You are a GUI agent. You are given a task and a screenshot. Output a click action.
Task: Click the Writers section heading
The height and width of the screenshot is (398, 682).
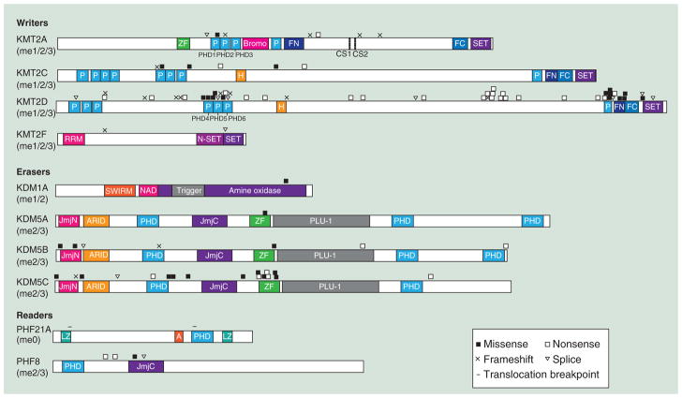point(33,21)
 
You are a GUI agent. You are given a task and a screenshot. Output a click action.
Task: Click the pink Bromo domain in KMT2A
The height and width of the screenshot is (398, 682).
point(255,43)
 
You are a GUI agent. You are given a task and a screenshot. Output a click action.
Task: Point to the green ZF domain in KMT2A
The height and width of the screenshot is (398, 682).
point(184,43)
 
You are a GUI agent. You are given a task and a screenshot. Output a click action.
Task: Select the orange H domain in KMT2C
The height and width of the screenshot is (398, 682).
point(242,75)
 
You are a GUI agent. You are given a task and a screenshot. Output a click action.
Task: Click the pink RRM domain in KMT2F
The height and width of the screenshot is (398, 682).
point(74,139)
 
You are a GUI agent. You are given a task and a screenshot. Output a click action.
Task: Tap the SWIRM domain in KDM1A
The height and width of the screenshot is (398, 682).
point(120,190)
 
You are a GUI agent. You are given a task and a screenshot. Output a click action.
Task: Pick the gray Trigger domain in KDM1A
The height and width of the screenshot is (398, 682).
point(188,190)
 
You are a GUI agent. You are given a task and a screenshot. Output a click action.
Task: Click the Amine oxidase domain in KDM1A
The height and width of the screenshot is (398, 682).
point(255,190)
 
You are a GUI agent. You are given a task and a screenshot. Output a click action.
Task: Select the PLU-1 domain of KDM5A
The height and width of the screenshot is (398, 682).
point(323,221)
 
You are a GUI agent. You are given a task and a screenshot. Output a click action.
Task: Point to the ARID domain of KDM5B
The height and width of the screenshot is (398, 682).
point(96,255)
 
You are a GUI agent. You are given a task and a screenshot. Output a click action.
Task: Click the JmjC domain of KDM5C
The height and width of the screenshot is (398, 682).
point(217,287)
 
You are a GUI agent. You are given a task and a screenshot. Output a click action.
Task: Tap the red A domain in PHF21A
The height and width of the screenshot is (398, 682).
point(179,335)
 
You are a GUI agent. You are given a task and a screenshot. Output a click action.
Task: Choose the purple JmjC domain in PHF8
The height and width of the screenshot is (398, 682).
point(146,366)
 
